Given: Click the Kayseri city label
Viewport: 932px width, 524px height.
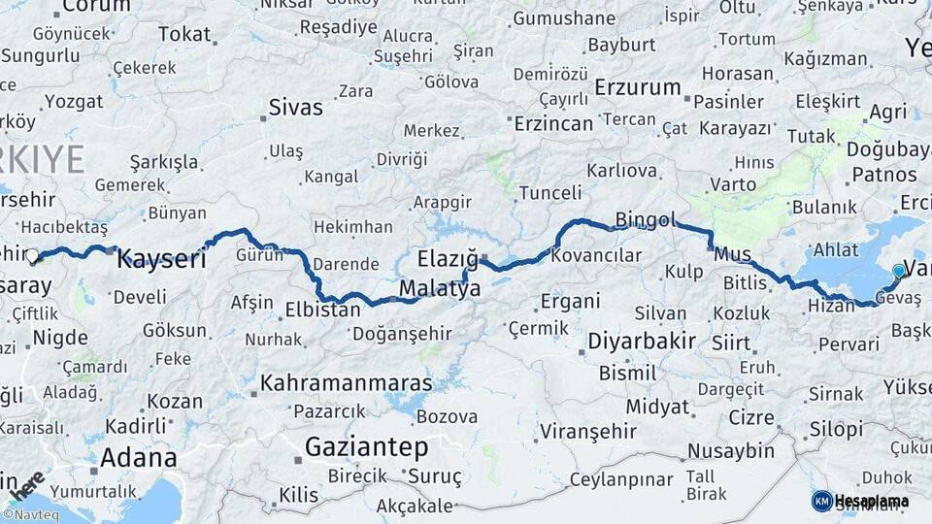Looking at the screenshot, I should click(x=161, y=259).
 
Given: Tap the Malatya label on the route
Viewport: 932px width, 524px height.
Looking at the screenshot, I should click(x=440, y=289).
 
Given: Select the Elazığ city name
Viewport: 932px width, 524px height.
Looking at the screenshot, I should click(x=448, y=259).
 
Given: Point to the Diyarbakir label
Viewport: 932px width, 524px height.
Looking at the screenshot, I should click(x=641, y=342).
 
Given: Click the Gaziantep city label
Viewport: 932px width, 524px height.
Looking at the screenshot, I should click(x=366, y=447).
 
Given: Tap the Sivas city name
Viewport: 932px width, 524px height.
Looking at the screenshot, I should click(x=295, y=108).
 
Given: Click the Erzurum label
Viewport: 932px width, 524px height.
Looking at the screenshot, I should click(x=638, y=87).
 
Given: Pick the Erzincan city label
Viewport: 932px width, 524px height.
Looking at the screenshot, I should click(x=552, y=123).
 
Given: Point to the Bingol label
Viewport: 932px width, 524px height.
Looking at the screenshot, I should click(x=645, y=220).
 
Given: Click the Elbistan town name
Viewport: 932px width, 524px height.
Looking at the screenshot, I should click(x=322, y=311).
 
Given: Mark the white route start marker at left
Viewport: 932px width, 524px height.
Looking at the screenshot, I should click(x=32, y=256).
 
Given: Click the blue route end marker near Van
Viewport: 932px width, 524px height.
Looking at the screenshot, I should click(x=899, y=272).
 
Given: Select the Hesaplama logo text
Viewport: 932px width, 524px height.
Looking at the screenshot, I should click(x=871, y=501).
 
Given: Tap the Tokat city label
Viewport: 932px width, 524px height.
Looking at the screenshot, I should click(x=183, y=35).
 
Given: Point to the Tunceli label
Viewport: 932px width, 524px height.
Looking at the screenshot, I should click(x=549, y=193).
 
